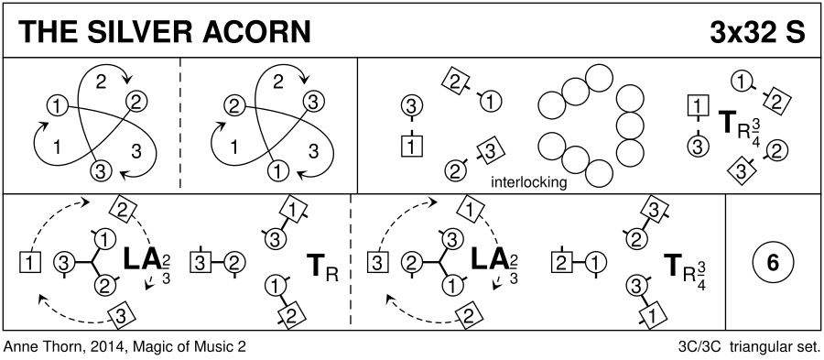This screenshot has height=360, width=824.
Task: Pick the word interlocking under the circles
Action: (528, 182)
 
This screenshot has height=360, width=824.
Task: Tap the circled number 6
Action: (773, 263)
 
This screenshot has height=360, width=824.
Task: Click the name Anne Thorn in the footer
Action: (38, 347)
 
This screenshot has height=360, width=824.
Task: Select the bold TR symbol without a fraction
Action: (321, 267)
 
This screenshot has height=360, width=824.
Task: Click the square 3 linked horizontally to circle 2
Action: (200, 262)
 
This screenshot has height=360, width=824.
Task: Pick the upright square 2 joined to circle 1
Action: (562, 262)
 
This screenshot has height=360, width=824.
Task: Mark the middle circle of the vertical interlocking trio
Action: (630, 125)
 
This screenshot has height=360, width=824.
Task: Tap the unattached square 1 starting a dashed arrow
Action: (30, 262)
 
